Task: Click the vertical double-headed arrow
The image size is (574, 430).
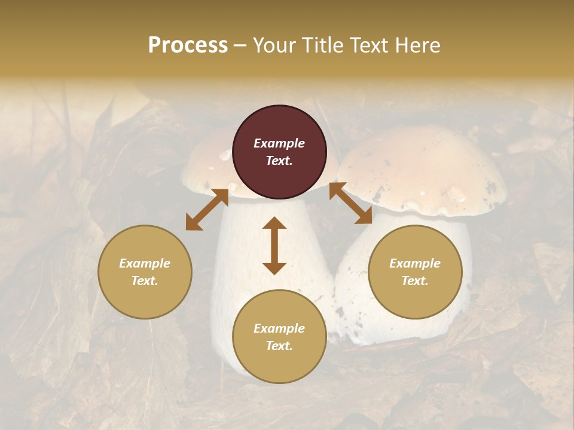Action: click(274, 245)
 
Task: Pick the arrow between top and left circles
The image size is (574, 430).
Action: click(207, 210)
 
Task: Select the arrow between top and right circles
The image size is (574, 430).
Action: click(350, 203)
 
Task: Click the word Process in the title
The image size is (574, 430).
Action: click(188, 45)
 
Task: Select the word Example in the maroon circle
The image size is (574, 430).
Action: click(279, 143)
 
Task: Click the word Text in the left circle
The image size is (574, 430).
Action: click(145, 281)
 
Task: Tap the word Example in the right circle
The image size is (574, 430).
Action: click(415, 263)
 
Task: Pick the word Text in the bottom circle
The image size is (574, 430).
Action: click(279, 346)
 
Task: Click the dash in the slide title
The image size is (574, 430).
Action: click(240, 45)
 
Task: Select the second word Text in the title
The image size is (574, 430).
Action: click(367, 45)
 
